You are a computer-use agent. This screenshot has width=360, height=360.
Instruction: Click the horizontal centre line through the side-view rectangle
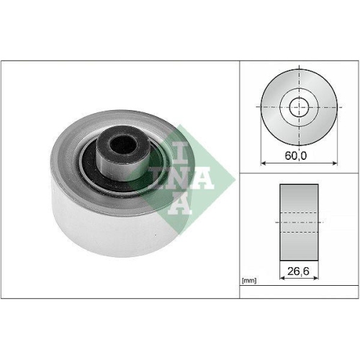299,224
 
